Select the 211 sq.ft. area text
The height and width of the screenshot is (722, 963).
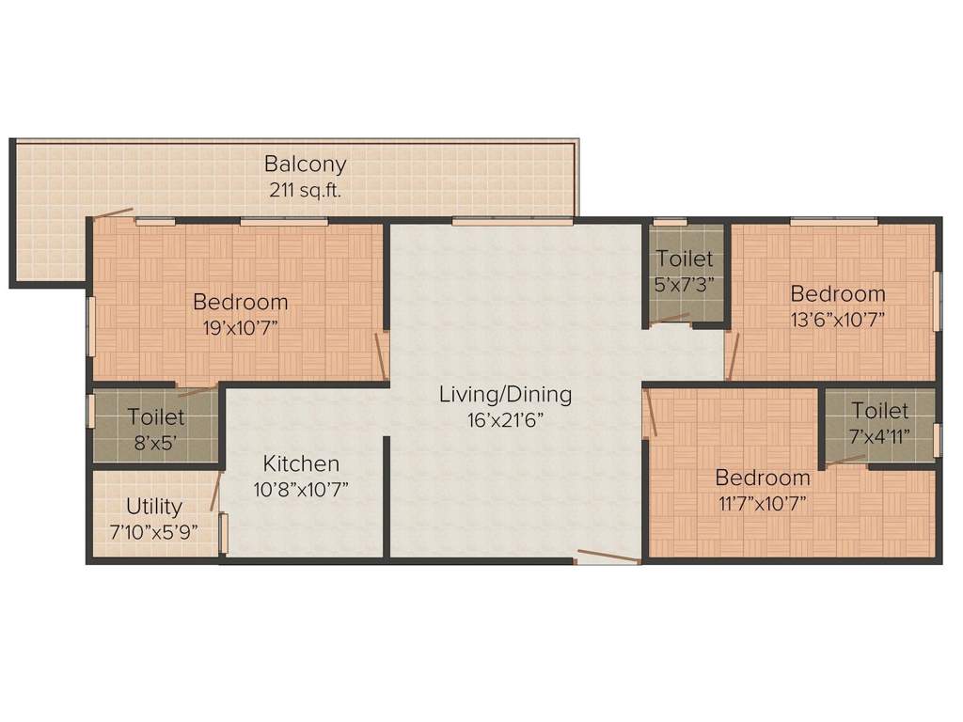pos(305,189)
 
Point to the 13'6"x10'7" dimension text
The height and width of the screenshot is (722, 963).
pos(837,318)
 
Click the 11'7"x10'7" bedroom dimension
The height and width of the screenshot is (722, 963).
pos(762,501)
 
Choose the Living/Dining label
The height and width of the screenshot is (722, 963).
pos(505,394)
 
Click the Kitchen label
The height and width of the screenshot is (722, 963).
pos(301,463)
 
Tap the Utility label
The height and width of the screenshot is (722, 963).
pos(154,508)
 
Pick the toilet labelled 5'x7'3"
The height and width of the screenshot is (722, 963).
pos(685,269)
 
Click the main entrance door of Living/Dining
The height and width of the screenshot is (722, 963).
pos(608,557)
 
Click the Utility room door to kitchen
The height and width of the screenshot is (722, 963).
pos(216,489)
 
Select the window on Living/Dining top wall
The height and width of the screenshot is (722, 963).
pos(512,222)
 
